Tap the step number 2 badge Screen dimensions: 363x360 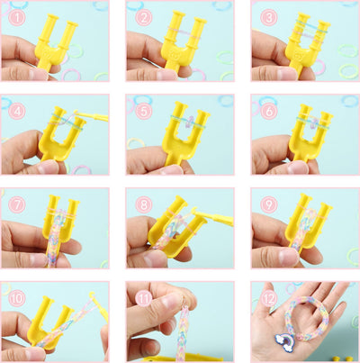click(142, 16)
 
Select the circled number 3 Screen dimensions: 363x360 click(266, 16)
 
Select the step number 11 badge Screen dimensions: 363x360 click(142, 295)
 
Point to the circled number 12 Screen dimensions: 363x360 click(266, 295)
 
